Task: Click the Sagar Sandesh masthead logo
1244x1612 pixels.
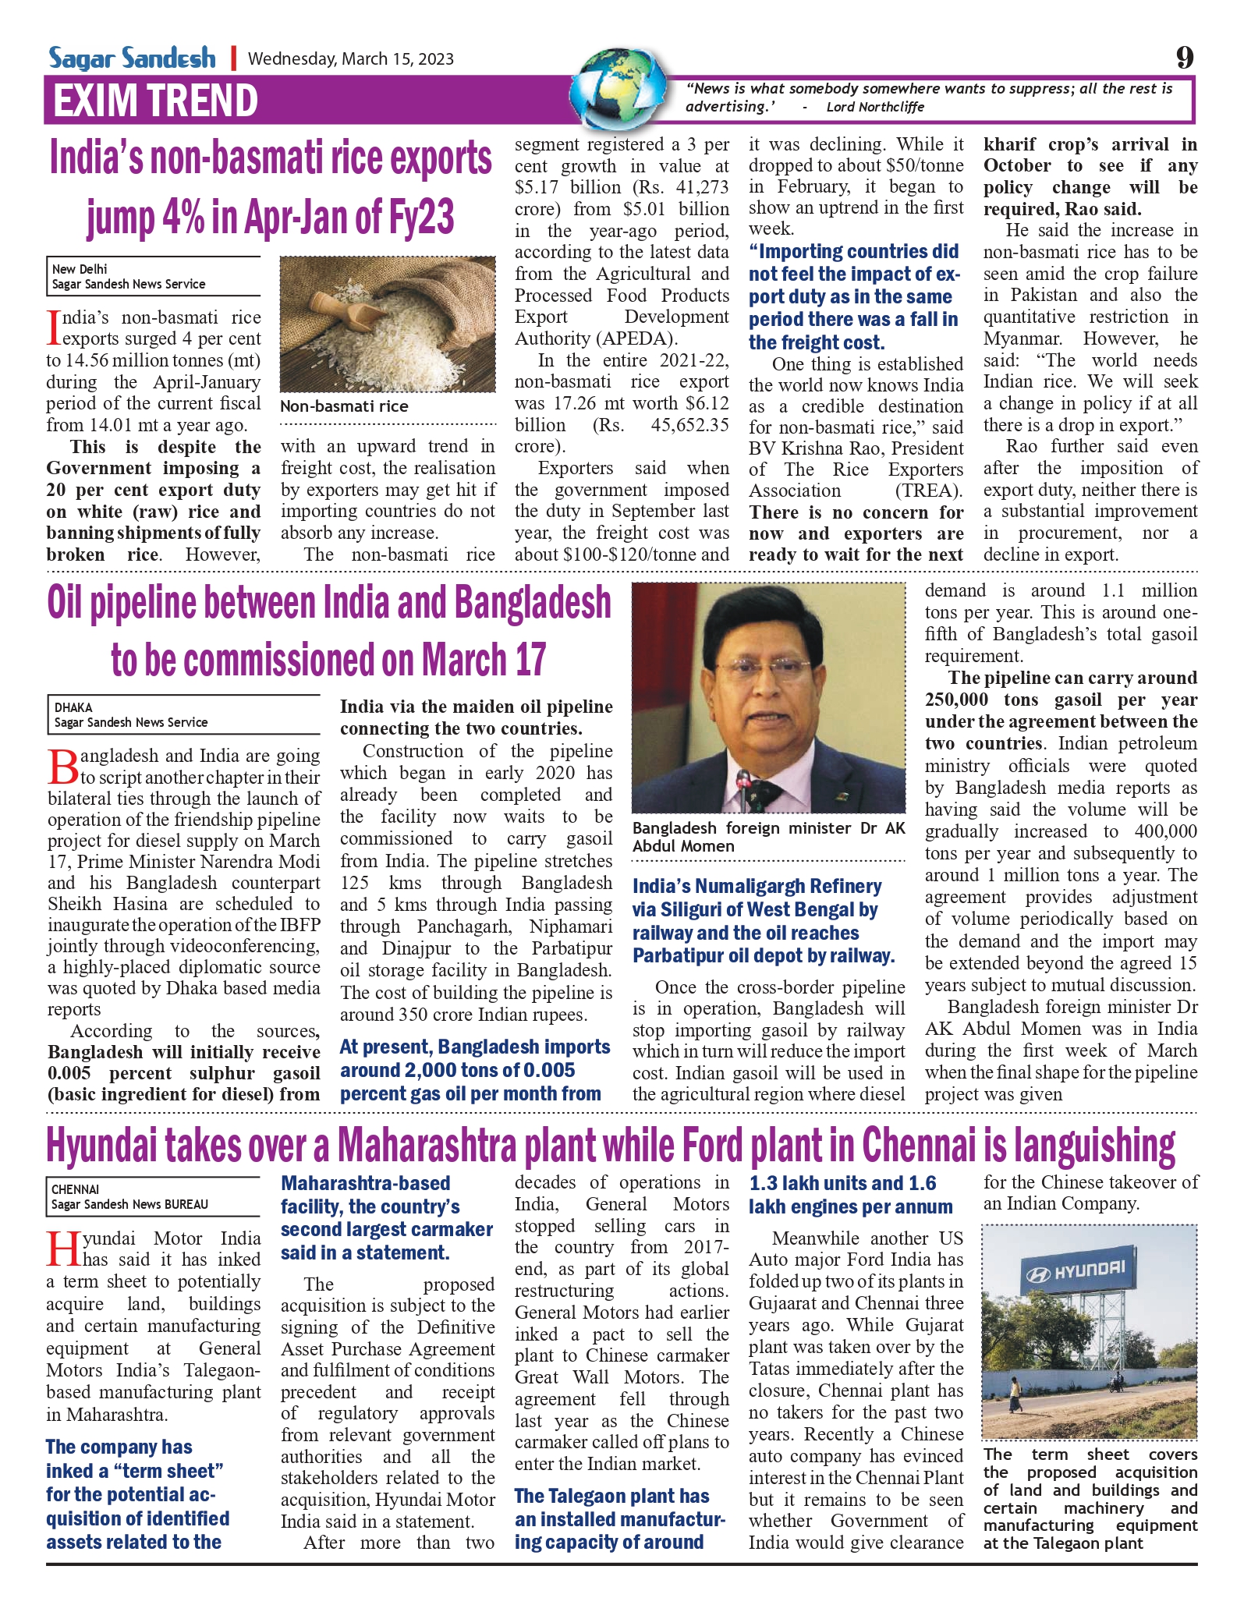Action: pos(132,58)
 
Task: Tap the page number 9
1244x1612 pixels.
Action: pos(1184,58)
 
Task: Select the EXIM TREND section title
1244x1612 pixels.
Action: pos(155,101)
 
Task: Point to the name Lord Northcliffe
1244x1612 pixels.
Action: pos(875,108)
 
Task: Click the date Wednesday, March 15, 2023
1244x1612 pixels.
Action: pos(350,59)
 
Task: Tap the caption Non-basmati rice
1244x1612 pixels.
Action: pos(344,406)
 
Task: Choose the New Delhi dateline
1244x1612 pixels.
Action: pos(80,269)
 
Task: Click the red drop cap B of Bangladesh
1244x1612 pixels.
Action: pos(62,767)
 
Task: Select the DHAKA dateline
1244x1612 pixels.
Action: pos(73,707)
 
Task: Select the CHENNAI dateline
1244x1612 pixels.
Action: pos(75,1189)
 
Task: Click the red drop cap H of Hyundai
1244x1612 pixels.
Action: pos(62,1249)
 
